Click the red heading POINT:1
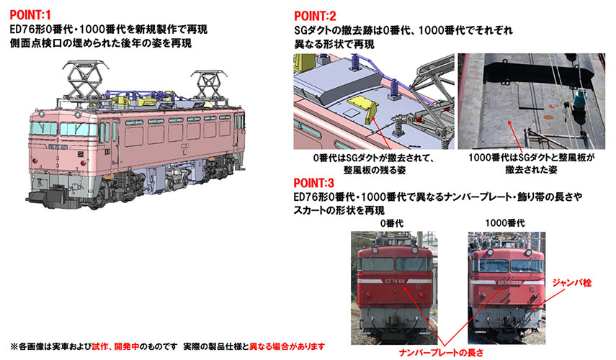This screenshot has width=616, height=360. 30,15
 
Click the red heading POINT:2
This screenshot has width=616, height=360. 315,16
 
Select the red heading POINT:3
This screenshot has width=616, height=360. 314,183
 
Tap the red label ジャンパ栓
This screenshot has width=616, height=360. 571,282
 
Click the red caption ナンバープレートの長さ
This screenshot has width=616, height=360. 441,353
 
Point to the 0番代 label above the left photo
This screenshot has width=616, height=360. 392,223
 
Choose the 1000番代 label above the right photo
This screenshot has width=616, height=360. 505,223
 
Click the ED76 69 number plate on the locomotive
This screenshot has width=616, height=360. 394,281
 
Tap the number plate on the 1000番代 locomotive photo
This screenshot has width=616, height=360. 509,282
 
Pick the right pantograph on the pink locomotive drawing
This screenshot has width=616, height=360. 209,86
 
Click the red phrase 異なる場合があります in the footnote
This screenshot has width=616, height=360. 287,346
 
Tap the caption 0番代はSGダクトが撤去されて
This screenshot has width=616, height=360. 374,158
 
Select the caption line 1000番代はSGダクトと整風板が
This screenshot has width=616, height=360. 531,158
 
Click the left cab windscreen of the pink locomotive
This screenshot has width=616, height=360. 43,128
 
